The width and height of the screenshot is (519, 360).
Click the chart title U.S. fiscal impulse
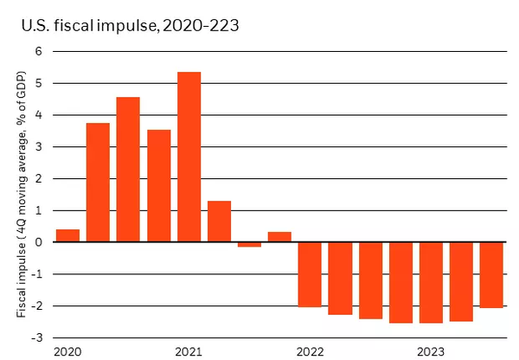(130, 26)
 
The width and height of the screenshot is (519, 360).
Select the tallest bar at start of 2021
(189, 157)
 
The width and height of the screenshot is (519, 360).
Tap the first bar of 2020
(67, 235)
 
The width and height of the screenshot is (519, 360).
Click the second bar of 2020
(98, 183)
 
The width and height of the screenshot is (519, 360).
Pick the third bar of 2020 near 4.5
(128, 170)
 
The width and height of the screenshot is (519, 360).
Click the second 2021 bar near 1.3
(219, 222)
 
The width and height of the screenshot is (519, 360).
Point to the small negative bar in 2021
(249, 245)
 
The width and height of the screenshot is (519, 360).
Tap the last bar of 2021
(279, 237)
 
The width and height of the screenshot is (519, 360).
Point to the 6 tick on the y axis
(37, 51)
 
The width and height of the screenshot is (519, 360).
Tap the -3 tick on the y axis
(35, 337)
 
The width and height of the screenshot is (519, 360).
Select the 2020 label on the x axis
(67, 351)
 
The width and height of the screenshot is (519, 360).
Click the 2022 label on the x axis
(309, 351)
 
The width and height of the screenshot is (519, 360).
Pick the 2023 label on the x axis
(431, 351)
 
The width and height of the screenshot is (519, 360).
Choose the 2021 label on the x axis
(189, 351)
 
